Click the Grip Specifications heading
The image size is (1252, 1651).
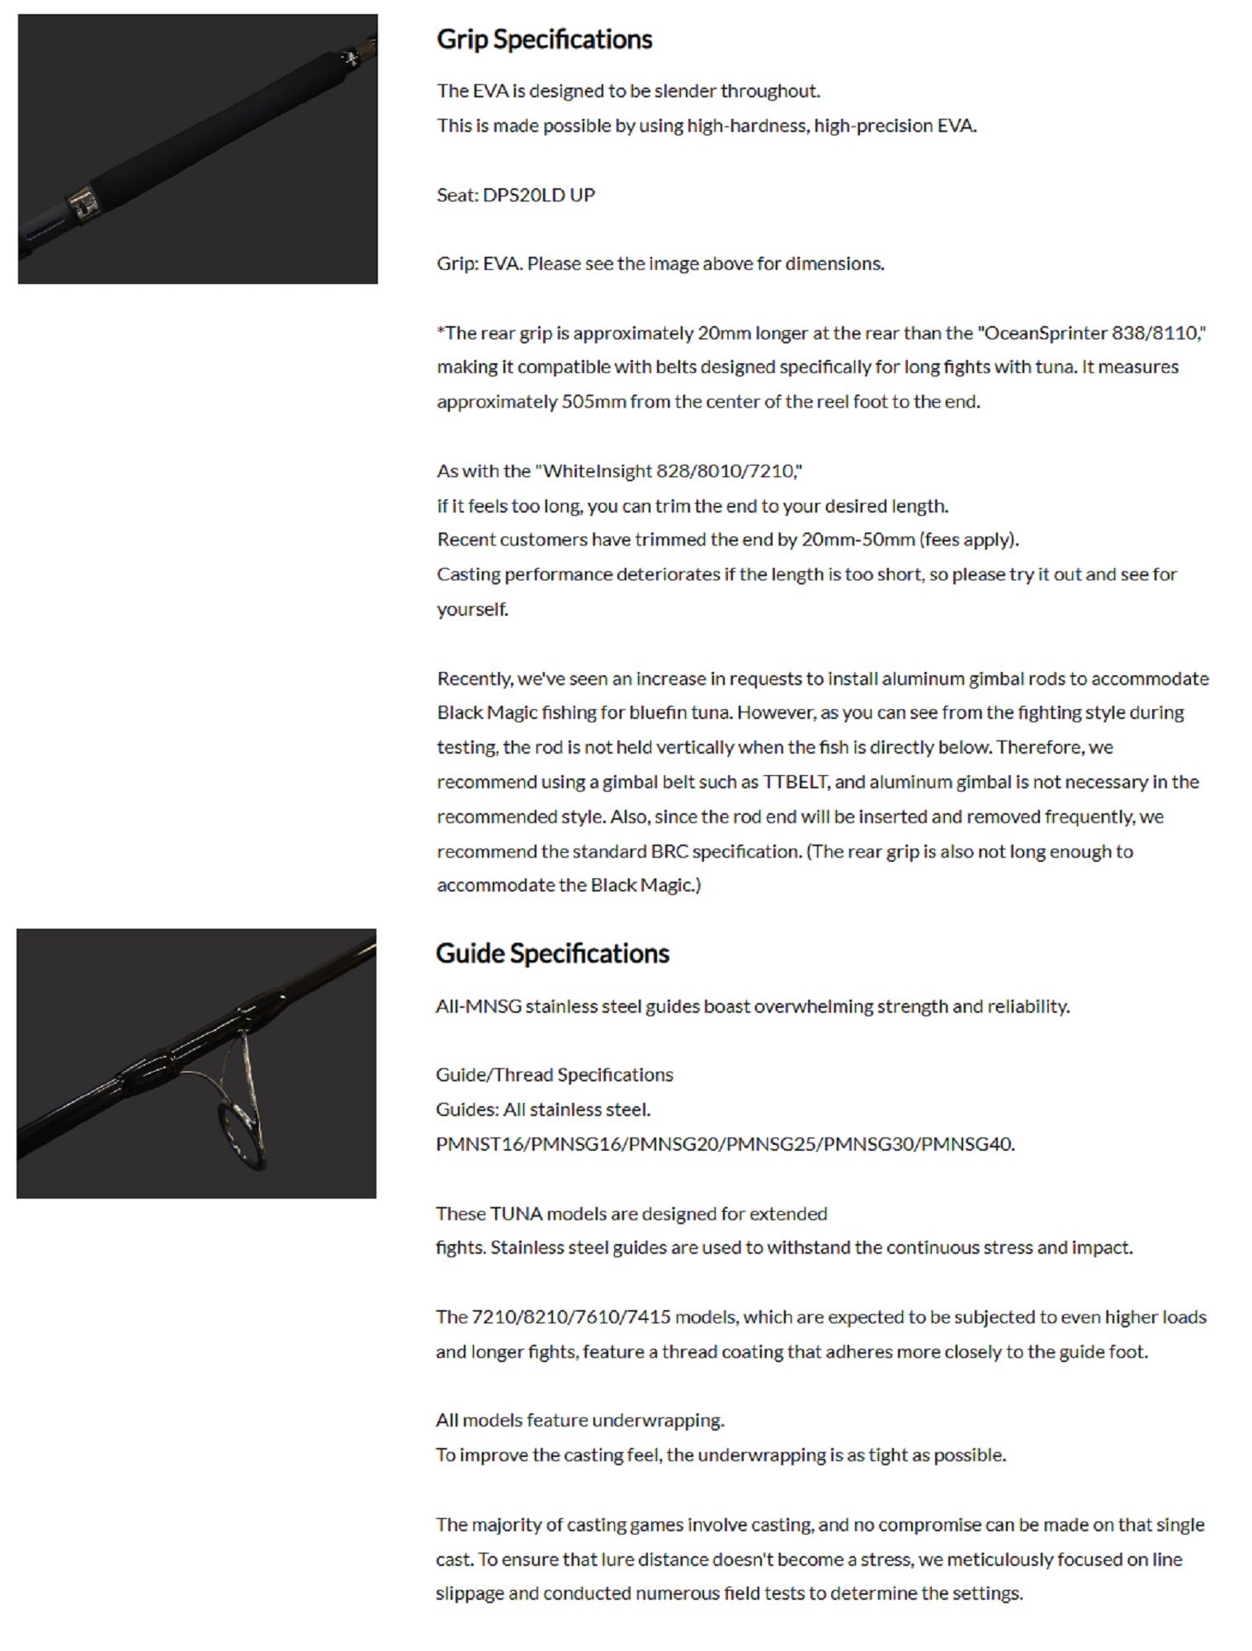pos(544,40)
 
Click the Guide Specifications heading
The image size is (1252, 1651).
pos(552,953)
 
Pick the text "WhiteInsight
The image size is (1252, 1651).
pos(593,471)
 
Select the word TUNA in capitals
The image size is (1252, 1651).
pos(516,1213)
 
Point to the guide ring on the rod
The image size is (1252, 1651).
pos(239,1135)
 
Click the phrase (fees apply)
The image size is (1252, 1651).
pos(969,540)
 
